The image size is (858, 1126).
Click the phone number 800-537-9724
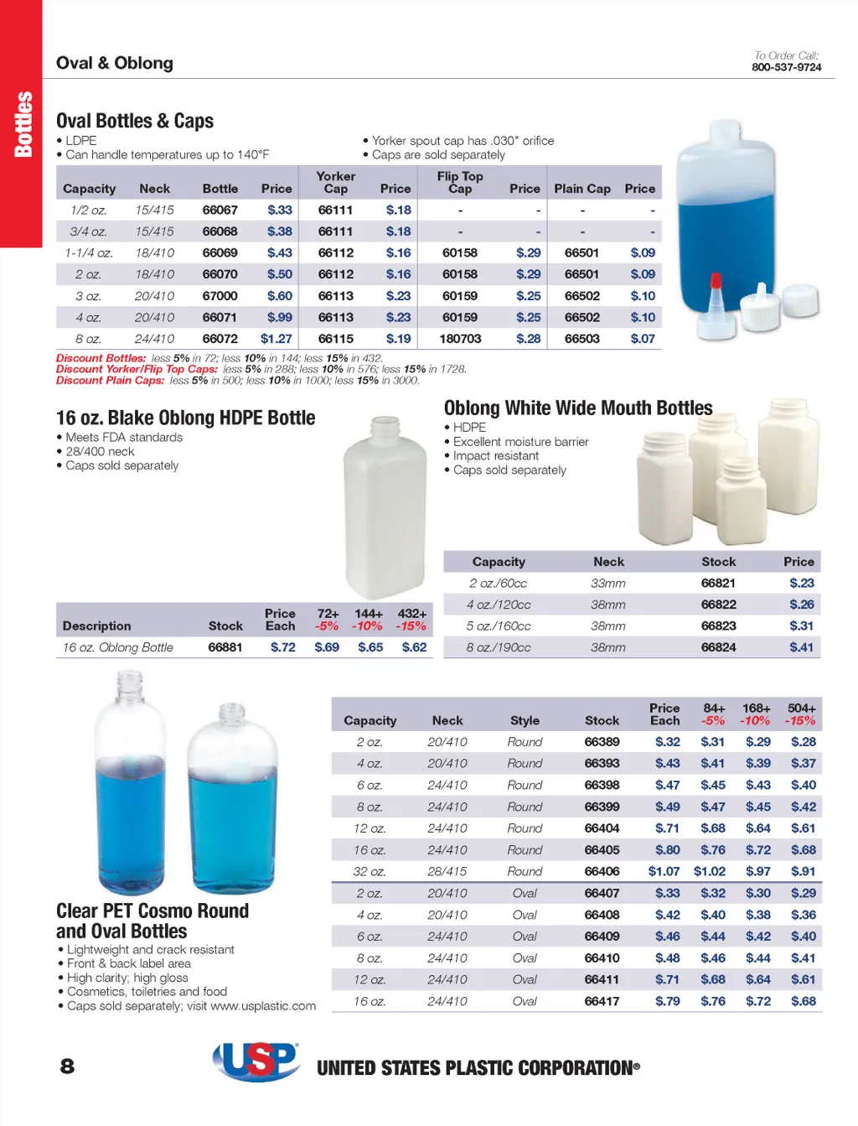tap(786, 67)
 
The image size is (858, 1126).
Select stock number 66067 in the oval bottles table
tap(220, 210)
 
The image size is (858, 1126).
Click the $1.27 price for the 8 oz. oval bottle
tap(276, 339)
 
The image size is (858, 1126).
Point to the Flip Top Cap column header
tap(460, 182)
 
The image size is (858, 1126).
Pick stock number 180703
tap(460, 339)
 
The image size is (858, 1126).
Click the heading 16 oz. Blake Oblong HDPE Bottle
tap(185, 418)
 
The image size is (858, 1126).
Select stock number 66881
tap(225, 647)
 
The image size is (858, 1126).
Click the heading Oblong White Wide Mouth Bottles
tap(578, 408)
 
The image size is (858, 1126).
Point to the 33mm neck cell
tap(608, 583)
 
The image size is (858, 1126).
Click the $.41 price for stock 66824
tap(801, 647)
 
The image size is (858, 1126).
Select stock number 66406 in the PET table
tap(602, 871)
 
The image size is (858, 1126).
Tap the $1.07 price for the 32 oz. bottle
tap(664, 871)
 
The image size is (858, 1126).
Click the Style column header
tap(525, 720)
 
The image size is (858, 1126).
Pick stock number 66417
tap(602, 1001)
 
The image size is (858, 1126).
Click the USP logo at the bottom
tap(256, 1061)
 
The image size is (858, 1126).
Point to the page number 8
tap(67, 1066)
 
